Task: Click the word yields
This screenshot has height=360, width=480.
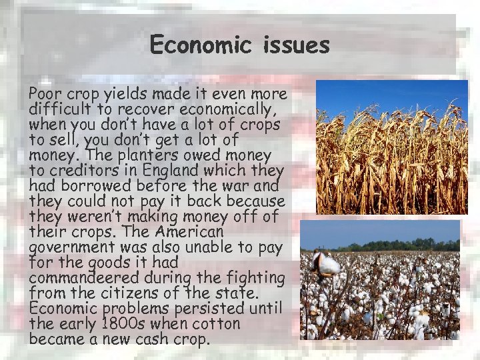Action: pyautogui.click(x=125, y=93)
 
